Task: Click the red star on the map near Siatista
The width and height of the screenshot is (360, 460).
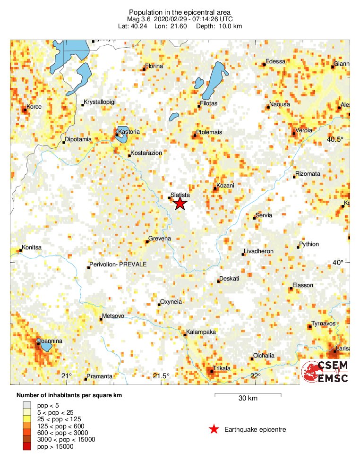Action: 180,204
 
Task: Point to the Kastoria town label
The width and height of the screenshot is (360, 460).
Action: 129,131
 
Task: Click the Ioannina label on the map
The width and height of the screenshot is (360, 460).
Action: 49,341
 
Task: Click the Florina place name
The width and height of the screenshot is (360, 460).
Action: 154,66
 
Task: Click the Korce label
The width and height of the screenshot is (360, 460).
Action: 34,107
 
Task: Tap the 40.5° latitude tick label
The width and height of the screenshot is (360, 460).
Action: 335,139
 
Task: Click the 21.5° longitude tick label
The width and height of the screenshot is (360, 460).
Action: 161,376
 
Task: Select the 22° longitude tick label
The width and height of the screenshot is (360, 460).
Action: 256,376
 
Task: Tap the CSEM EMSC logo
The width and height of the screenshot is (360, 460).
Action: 325,372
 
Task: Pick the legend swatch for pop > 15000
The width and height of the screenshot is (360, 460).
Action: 27,447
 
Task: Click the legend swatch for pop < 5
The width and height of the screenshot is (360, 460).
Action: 27,404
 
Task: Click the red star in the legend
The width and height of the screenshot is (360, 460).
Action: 214,429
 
